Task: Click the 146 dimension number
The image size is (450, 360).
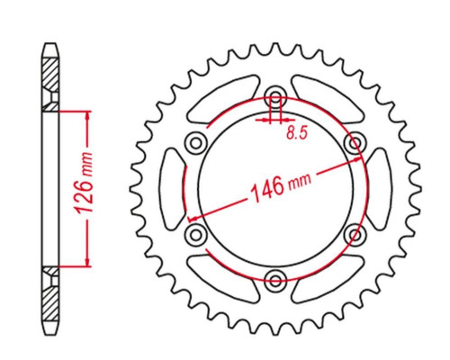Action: (267, 190)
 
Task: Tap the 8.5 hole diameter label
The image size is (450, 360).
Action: (297, 132)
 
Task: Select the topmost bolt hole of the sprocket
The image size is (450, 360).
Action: (275, 95)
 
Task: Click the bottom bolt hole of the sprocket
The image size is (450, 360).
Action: (275, 280)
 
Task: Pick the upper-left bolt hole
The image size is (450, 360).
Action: (196, 142)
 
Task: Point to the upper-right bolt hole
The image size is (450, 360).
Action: (355, 142)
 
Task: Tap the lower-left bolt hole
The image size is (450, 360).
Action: (196, 234)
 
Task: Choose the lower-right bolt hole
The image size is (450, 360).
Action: (355, 234)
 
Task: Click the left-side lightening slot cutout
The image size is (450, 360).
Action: (174, 189)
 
